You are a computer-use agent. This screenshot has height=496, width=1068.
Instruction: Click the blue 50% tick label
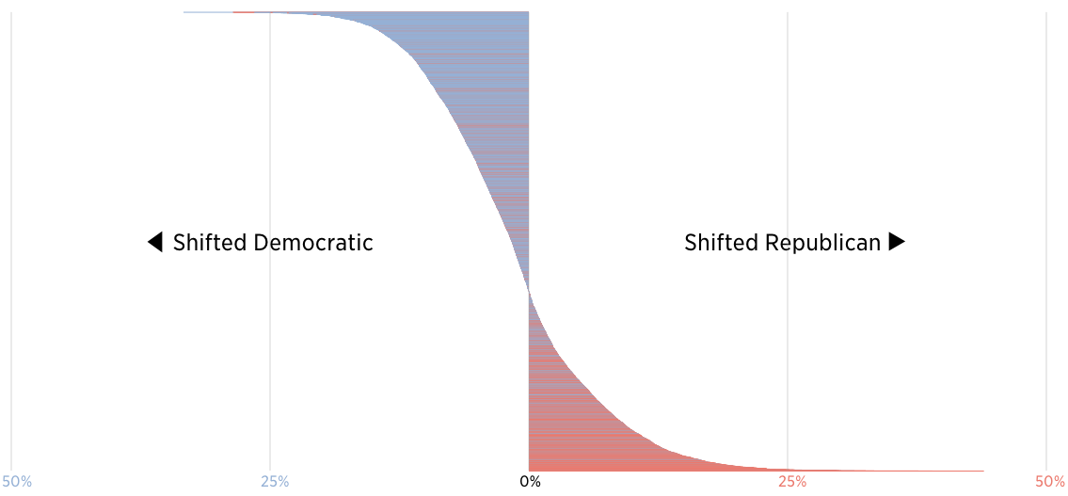(16, 482)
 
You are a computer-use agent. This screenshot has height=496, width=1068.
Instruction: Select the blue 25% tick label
(275, 482)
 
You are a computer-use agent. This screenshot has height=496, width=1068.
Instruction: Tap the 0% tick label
(531, 482)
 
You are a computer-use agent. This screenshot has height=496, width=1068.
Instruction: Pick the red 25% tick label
(792, 482)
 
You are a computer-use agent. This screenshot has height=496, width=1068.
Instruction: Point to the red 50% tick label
(1050, 482)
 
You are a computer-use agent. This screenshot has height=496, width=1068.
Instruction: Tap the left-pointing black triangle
(155, 242)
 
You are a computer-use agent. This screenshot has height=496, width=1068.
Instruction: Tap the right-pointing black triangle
(897, 242)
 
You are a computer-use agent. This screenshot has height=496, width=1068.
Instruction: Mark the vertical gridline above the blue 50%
(11, 235)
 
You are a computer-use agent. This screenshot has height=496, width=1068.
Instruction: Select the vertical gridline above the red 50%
(1046, 235)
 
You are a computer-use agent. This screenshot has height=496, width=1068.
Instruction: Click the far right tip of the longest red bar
(983, 471)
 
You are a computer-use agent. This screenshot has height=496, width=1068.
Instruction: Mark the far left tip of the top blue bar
(184, 12)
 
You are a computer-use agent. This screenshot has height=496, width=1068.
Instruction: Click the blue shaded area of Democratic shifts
(489, 113)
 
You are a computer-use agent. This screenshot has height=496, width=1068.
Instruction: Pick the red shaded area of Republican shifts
(565, 414)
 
